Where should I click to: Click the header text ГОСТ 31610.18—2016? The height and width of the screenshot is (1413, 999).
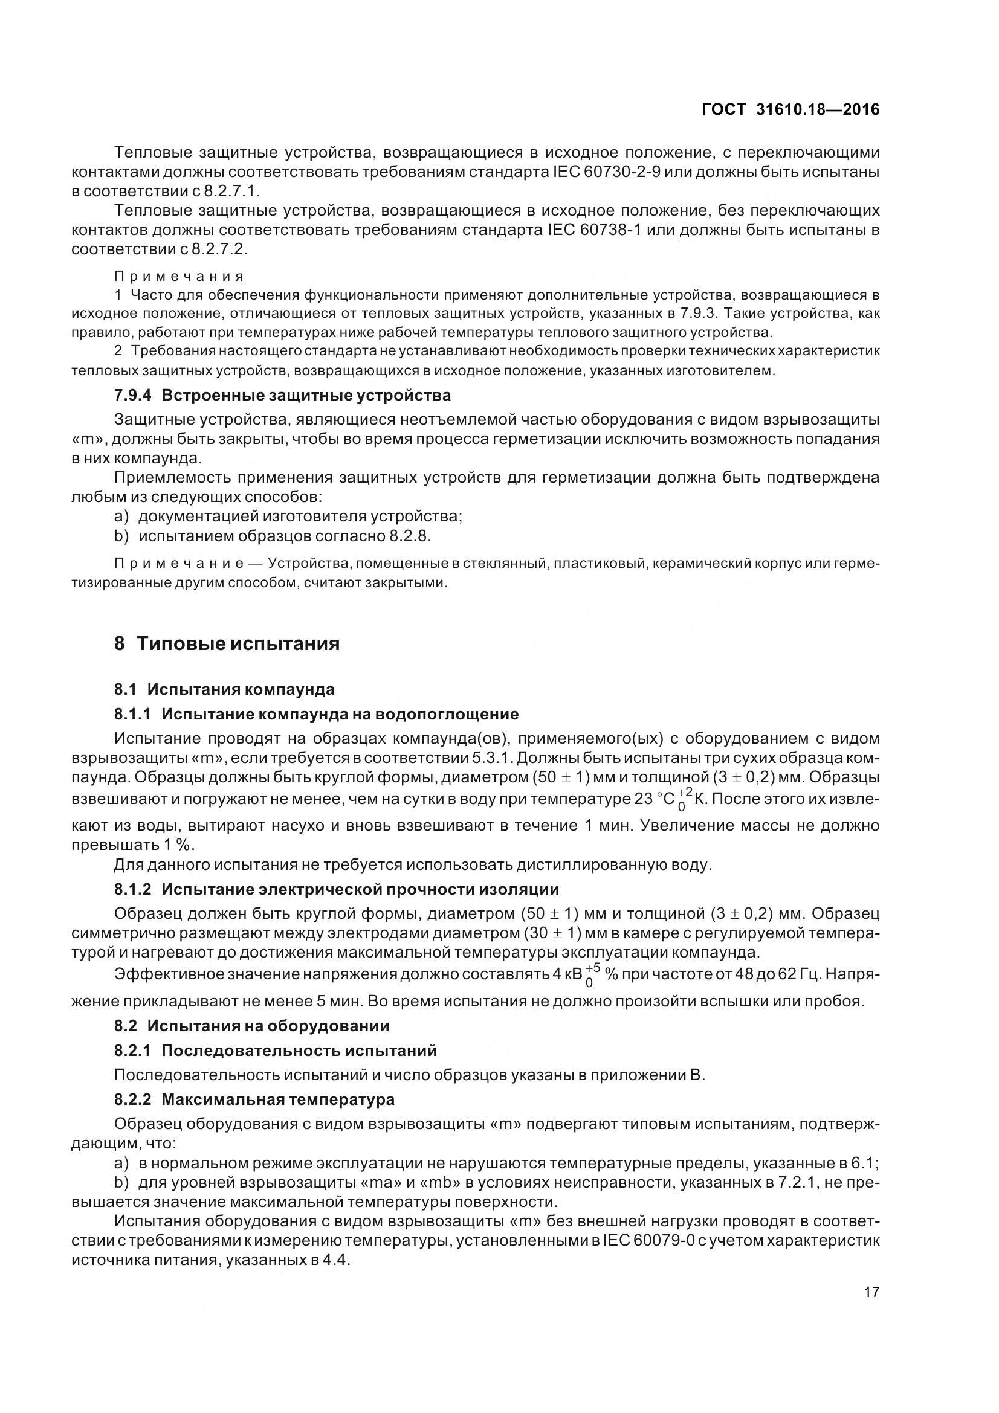click(x=790, y=109)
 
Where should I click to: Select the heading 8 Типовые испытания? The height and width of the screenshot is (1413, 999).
click(x=227, y=644)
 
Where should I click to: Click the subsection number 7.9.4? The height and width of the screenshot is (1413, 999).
click(x=133, y=395)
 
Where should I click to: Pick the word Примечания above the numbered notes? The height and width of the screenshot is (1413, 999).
click(x=179, y=276)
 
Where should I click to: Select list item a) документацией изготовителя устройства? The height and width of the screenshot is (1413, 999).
click(x=288, y=517)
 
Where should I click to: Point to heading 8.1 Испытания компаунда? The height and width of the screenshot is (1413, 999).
click(x=224, y=689)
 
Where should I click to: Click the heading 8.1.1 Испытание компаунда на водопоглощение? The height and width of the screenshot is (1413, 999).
click(x=317, y=714)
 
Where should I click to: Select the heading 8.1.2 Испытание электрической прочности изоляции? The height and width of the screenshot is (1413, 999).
click(x=337, y=889)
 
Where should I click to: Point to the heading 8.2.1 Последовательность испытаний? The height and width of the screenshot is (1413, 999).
click(x=276, y=1051)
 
